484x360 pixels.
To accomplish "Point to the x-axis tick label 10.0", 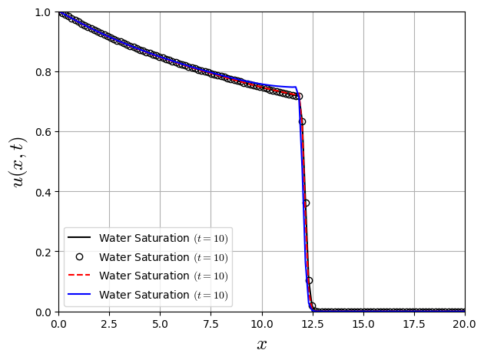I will pos(262,323).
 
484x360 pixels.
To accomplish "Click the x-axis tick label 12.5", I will pos(313,323).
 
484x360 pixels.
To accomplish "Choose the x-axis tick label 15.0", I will pos(363,323).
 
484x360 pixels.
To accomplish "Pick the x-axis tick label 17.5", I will pos(414,323).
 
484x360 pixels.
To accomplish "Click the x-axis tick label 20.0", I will pos(465,323).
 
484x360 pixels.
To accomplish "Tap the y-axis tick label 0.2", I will pos(44,252).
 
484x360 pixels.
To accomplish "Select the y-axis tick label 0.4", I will pos(44,192).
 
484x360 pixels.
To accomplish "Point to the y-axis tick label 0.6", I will pos(44,132).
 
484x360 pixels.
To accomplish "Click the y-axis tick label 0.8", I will pos(44,72).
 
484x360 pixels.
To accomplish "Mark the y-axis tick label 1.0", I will pos(44,13).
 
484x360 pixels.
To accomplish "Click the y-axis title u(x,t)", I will pos(18,162).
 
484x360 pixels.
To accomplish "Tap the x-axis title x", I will pos(262,345).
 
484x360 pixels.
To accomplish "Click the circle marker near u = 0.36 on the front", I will pos(306,203).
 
